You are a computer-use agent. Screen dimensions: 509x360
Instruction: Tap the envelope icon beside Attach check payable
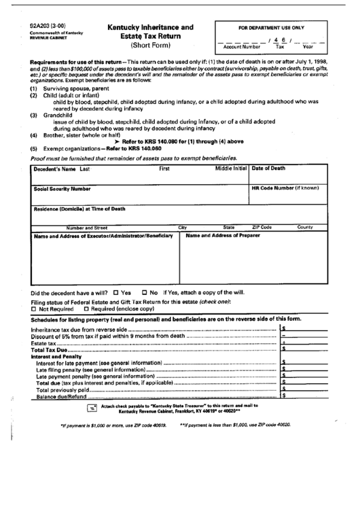click(x=92, y=408)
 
